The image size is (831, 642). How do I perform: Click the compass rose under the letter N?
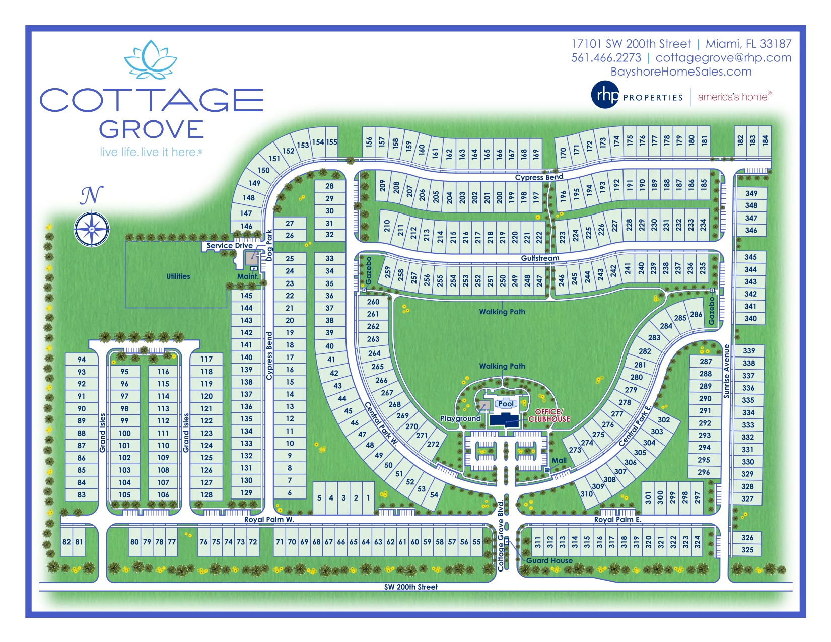click(92, 229)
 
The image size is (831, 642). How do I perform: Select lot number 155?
click(331, 142)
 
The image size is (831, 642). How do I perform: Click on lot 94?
click(82, 360)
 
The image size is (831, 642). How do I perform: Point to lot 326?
click(747, 538)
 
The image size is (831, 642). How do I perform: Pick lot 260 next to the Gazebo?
click(373, 302)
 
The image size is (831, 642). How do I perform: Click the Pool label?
click(506, 404)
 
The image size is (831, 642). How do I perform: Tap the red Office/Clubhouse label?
click(549, 415)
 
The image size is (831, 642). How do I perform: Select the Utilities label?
click(178, 276)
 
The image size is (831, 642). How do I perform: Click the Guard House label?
click(549, 560)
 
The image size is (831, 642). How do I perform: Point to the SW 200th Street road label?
click(411, 587)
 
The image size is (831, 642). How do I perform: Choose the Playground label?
click(460, 418)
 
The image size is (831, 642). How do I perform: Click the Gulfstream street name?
click(540, 258)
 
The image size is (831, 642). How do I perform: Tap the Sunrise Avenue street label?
click(727, 371)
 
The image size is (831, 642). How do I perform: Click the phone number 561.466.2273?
click(606, 58)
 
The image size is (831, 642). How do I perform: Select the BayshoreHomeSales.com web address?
click(681, 72)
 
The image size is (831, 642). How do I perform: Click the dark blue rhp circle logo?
click(605, 95)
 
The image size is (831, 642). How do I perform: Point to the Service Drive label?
click(230, 246)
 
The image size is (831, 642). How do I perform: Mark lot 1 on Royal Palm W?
click(368, 498)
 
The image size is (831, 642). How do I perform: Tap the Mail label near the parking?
click(559, 460)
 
